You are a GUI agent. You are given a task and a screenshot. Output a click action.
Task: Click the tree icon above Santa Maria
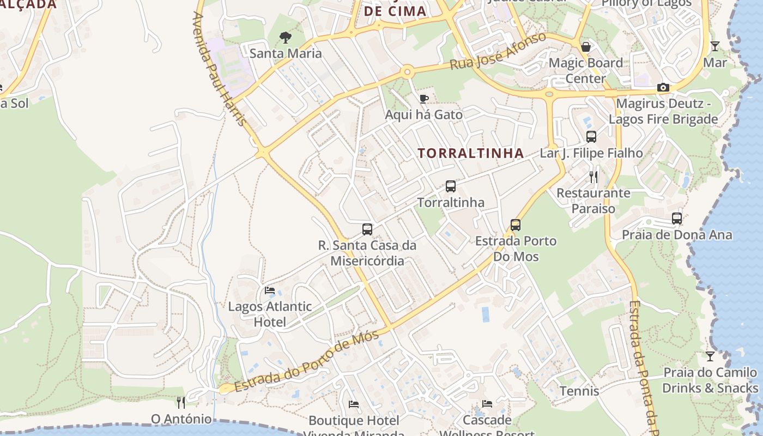pyautogui.click(x=284, y=37)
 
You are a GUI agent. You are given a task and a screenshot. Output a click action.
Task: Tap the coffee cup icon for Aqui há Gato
pyautogui.click(x=423, y=99)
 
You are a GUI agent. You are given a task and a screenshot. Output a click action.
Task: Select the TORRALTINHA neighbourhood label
pyautogui.click(x=471, y=153)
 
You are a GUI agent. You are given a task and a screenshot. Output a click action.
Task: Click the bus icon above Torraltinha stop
pyautogui.click(x=451, y=186)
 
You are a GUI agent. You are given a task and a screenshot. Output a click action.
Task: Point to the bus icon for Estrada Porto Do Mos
pyautogui.click(x=516, y=225)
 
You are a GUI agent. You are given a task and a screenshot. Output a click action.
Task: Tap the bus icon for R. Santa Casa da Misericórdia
pyautogui.click(x=367, y=229)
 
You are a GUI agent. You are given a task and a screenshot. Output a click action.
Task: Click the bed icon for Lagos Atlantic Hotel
pyautogui.click(x=270, y=290)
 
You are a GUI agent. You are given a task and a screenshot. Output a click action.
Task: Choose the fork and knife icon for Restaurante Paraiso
pyautogui.click(x=594, y=177)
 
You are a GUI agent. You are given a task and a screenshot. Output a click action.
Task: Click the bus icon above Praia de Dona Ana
pyautogui.click(x=677, y=219)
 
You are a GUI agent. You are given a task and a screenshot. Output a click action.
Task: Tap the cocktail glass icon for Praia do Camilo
pyautogui.click(x=710, y=356)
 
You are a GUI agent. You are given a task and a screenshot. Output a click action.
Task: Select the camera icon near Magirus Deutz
pyautogui.click(x=663, y=87)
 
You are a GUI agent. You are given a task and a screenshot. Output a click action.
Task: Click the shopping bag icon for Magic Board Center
pyautogui.click(x=586, y=47)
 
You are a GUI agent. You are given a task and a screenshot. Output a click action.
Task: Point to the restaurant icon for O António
pyautogui.click(x=181, y=403)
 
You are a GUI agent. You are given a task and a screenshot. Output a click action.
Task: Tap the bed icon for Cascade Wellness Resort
pyautogui.click(x=487, y=404)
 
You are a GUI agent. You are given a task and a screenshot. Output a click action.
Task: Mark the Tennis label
pyautogui.click(x=579, y=391)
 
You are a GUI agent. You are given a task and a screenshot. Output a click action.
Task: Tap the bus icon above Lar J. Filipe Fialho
pyautogui.click(x=591, y=137)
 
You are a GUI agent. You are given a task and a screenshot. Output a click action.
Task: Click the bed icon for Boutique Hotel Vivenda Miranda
pyautogui.click(x=354, y=404)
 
